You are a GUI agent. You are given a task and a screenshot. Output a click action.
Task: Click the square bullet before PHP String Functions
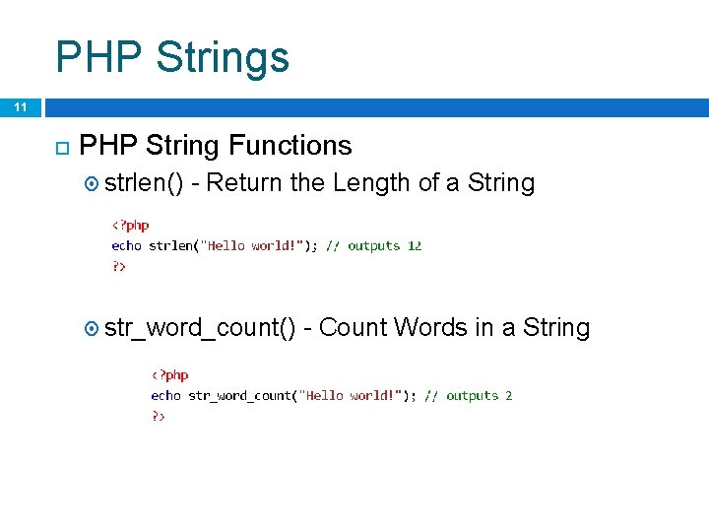[x=59, y=148]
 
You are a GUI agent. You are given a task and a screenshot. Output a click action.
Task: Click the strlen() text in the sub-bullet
[x=144, y=182]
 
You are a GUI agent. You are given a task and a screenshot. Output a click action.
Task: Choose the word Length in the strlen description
[x=372, y=182]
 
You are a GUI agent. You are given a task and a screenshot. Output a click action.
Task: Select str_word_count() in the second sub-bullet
[x=200, y=328]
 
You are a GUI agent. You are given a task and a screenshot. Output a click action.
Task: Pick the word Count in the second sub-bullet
[x=354, y=327]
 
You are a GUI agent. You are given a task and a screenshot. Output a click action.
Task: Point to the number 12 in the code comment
[x=414, y=245]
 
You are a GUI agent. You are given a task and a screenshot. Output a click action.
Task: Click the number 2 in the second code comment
[x=508, y=395]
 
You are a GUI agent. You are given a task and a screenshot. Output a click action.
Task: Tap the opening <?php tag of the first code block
[x=129, y=226]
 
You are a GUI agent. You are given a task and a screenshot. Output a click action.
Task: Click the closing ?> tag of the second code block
[x=158, y=416]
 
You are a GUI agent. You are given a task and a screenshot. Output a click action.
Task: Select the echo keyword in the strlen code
[x=126, y=245]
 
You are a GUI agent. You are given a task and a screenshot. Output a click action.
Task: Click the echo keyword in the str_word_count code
[x=165, y=395]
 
